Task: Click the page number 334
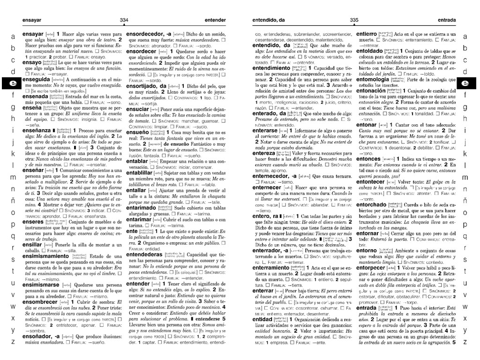click(x=124, y=20)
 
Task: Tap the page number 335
click(x=354, y=20)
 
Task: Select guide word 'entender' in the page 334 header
click(x=215, y=21)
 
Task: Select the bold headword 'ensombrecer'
click(x=39, y=302)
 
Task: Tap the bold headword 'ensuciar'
click(x=138, y=109)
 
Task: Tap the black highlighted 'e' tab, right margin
click(x=465, y=83)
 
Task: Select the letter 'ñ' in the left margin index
click(x=13, y=201)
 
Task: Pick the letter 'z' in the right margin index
click(x=465, y=341)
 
